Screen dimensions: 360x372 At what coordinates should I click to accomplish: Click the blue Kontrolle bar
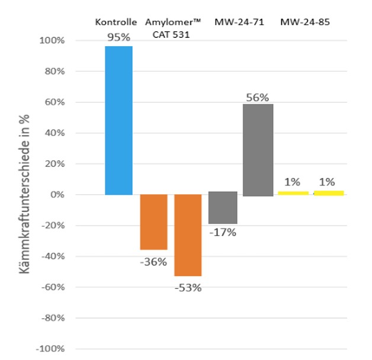click(x=118, y=120)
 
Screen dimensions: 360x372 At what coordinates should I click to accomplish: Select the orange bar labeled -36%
click(x=153, y=222)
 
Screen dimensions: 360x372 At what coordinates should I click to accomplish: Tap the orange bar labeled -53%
click(x=188, y=235)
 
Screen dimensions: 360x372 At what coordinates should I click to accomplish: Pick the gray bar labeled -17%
click(x=223, y=208)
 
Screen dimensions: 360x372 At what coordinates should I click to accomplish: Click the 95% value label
click(x=118, y=37)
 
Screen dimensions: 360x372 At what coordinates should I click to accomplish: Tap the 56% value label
click(x=258, y=95)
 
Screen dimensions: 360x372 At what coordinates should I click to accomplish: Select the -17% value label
click(x=223, y=233)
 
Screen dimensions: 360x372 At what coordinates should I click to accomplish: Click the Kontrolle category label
click(x=117, y=22)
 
